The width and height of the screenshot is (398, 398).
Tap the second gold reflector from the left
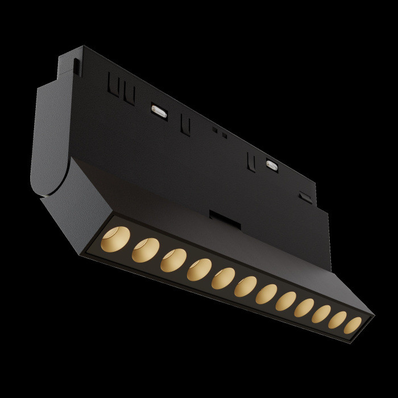click(146, 250)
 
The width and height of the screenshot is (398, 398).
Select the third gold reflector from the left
click(173, 260)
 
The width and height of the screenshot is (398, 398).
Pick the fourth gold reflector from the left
click(199, 270)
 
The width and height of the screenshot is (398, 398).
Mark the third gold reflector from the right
click(322, 314)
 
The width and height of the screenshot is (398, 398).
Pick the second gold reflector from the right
click(338, 320)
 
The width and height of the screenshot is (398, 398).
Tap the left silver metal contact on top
click(158, 110)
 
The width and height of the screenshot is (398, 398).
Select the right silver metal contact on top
click(272, 165)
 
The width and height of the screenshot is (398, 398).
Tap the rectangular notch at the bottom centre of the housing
click(221, 217)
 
